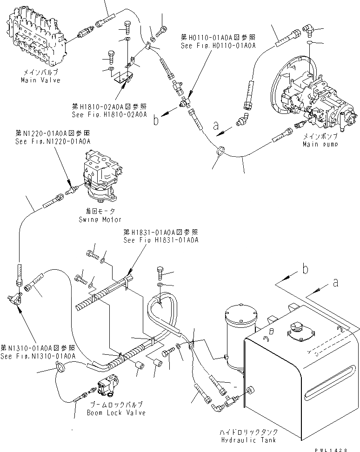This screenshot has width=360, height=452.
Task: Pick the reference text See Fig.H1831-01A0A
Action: tap(160, 240)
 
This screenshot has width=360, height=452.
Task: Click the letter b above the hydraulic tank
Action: tap(305, 268)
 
